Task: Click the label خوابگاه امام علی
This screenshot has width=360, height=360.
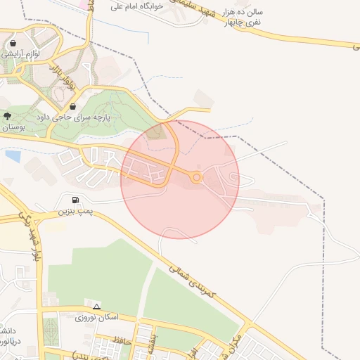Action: click(x=138, y=6)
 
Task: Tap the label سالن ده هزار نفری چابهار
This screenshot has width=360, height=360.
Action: click(x=241, y=18)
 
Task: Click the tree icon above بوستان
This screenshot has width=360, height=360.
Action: click(x=7, y=116)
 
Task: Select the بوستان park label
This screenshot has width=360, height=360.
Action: click(x=13, y=127)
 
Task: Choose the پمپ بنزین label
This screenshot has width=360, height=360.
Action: click(x=75, y=211)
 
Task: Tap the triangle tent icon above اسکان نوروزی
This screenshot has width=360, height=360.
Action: click(x=96, y=307)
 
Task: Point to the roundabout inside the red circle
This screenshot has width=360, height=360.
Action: click(x=197, y=178)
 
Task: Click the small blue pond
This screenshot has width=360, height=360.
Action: click(x=12, y=155)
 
